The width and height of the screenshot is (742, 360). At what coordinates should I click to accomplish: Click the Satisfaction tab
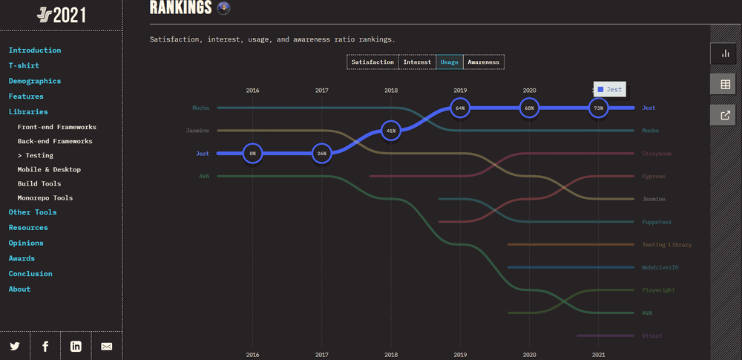[x=372, y=62]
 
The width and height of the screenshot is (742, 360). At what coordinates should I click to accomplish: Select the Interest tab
[x=417, y=62]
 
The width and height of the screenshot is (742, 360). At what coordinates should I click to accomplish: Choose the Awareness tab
[x=484, y=62]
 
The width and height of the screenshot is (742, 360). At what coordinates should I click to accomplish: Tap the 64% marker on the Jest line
[x=460, y=108]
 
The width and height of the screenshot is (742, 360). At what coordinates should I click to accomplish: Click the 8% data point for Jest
[x=252, y=154]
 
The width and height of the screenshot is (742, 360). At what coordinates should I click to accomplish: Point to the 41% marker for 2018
[x=391, y=131]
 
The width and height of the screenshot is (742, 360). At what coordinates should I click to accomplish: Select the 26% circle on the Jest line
[x=321, y=154]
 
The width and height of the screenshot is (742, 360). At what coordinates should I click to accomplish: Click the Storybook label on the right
[x=657, y=154]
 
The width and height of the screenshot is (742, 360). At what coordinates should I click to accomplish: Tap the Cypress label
[x=654, y=177]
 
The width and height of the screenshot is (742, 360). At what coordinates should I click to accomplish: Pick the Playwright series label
[x=658, y=290]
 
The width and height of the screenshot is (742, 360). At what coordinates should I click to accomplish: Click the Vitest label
[x=651, y=336]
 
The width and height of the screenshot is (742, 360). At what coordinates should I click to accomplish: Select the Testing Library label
[x=666, y=244]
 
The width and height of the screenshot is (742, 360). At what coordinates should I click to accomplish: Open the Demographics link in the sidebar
[x=35, y=81]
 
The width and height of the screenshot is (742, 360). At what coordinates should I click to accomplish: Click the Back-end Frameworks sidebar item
[x=55, y=141]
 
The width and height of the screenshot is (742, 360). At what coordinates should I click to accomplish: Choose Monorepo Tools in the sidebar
[x=45, y=198]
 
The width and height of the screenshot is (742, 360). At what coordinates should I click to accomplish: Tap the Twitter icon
[x=15, y=346]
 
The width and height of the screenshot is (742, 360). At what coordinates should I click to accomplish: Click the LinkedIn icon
[x=76, y=346]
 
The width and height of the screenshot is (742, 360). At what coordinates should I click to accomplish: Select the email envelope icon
[x=106, y=346]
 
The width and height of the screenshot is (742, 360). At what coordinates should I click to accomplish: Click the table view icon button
[x=725, y=85]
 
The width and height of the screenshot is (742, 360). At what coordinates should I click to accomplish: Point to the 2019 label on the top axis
[x=460, y=91]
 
